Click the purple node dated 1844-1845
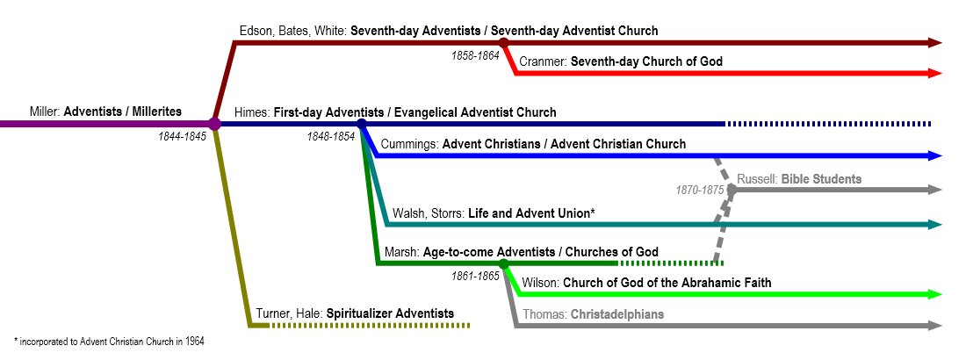click(214, 124)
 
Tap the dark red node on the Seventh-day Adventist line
click(503, 42)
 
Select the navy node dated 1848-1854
click(362, 124)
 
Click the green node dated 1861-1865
click(503, 263)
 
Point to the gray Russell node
click(732, 190)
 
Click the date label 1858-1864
click(475, 55)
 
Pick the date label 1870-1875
click(700, 190)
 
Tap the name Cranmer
click(543, 61)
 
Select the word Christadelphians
click(617, 313)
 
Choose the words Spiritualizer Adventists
click(390, 313)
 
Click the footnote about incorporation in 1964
click(109, 341)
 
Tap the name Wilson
click(541, 283)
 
